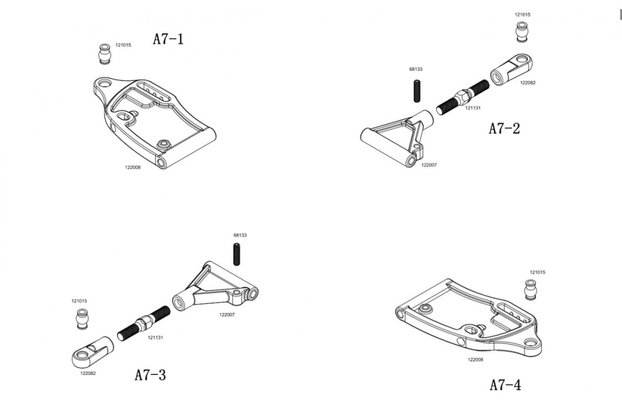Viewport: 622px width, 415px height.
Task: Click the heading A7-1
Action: pos(168,39)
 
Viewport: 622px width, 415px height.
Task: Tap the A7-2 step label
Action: pos(504,129)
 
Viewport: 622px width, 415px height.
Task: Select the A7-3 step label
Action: pos(150,375)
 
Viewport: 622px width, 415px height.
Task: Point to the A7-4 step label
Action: pos(505,385)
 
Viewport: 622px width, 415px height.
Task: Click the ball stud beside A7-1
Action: pos(105,54)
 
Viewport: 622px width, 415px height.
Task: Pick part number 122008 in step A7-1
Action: pos(133,167)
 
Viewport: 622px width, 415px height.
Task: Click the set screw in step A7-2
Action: pos(417,91)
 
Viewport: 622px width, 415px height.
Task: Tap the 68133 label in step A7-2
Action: pos(416,69)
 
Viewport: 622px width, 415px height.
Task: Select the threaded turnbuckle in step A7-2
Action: pos(463,97)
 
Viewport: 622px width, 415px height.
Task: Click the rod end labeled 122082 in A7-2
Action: pos(511,69)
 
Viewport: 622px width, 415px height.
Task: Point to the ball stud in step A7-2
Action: pos(522,32)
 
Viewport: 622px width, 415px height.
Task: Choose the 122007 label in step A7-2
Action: pos(429,165)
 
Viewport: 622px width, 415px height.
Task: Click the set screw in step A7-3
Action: pos(236,255)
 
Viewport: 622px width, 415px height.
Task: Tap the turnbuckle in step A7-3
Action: pos(144,323)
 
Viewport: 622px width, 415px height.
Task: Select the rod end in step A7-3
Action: pos(93,352)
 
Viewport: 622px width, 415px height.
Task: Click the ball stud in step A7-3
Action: pos(82,319)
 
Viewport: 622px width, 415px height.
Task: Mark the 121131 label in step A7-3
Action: pos(155,338)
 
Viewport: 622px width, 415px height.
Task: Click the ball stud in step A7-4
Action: pos(531,290)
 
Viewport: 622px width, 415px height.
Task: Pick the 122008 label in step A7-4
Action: pos(475,359)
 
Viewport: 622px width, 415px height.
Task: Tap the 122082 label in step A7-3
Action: pos(88,373)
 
